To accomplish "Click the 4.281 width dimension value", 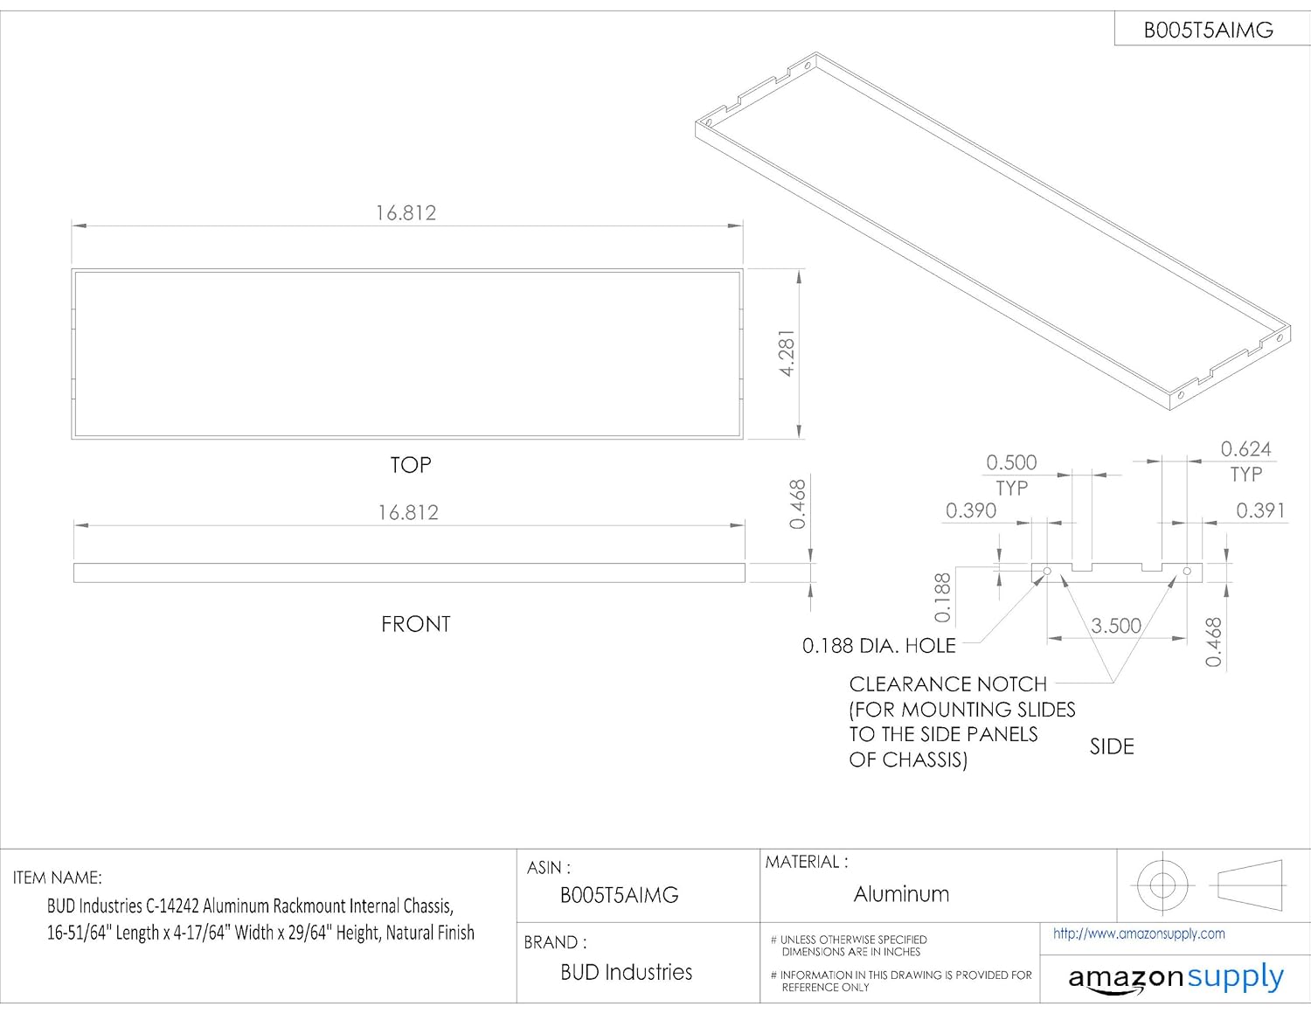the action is point(787,353).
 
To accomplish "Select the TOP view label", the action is point(410,465).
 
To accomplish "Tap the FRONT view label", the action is point(416,624).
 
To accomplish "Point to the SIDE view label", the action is point(1112,747).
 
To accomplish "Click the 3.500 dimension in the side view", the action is point(1115,626).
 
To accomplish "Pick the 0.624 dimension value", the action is point(1245,449).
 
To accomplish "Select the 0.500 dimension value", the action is point(1011,462).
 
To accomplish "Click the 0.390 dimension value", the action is point(971,510).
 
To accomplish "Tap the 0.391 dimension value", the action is point(1260,510).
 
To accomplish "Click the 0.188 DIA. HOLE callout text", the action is point(878,646).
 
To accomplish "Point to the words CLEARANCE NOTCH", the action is point(947,684).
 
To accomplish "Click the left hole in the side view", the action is point(1047,571).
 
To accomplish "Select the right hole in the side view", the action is point(1187,571).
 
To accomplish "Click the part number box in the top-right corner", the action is point(1212,29).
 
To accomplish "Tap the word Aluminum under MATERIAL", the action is point(901,893).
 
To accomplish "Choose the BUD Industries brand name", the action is point(627,972).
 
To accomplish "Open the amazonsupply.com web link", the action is point(1139,934).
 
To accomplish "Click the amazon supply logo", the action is point(1176,977).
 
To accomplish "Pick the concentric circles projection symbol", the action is point(1162,885).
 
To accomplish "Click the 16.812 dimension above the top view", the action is point(406,213).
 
